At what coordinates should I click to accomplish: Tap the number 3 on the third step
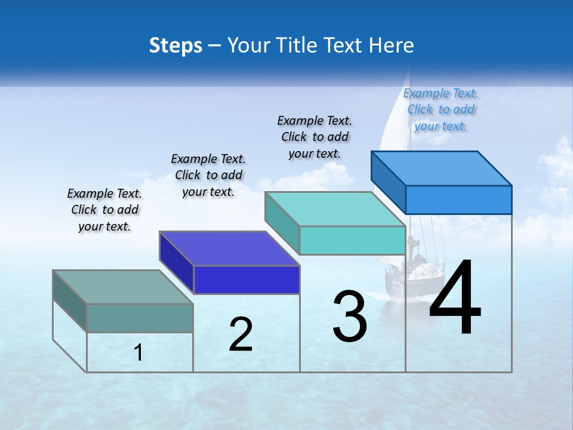click(350, 317)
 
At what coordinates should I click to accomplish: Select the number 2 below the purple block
click(241, 334)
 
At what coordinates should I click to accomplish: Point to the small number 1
click(138, 353)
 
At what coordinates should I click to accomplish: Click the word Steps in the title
click(175, 45)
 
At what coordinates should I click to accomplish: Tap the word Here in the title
click(392, 45)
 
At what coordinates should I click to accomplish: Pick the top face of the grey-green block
click(123, 287)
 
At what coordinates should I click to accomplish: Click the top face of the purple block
click(229, 248)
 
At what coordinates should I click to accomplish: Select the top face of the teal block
click(335, 209)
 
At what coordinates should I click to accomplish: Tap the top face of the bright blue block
click(442, 168)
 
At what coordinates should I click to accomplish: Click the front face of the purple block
click(247, 279)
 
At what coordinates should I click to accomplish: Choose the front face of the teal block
click(352, 240)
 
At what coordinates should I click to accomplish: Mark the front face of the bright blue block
click(458, 199)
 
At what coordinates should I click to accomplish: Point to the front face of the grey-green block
click(140, 318)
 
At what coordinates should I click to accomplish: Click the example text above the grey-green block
click(104, 210)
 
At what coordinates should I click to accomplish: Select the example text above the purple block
click(208, 175)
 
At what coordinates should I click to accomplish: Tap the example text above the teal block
click(315, 137)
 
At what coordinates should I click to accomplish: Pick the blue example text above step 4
click(440, 109)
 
